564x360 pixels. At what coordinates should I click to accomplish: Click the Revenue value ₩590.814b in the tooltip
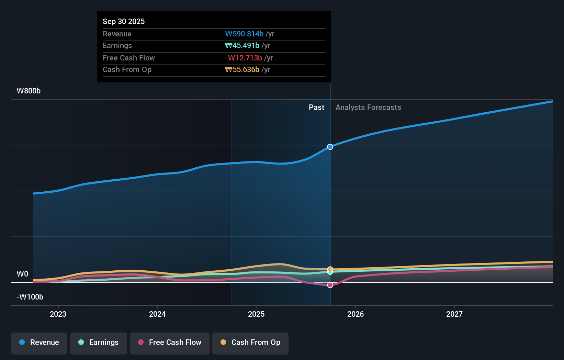tap(244, 34)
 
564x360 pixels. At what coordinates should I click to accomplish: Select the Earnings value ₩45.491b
tap(242, 46)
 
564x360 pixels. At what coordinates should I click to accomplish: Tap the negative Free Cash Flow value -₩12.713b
tap(244, 58)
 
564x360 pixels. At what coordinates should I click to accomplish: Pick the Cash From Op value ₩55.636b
tap(242, 70)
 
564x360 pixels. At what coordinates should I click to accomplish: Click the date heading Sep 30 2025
tap(124, 21)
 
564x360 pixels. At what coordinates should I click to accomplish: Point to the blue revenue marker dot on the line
tap(330, 147)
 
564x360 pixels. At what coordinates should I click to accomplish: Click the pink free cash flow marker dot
tap(330, 285)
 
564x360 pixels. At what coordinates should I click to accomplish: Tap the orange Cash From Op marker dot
tap(330, 269)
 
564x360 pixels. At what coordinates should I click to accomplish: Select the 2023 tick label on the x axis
tap(58, 314)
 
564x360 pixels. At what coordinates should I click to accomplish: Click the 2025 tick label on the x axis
tap(256, 314)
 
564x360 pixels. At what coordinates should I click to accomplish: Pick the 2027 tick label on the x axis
tap(454, 314)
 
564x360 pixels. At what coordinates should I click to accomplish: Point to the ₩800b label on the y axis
tap(29, 91)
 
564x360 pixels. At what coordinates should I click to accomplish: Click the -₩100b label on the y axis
tap(30, 297)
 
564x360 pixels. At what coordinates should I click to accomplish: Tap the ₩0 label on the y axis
tap(22, 274)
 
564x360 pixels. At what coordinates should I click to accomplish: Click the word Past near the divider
tap(316, 108)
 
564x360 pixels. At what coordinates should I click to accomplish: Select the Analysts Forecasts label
tap(368, 108)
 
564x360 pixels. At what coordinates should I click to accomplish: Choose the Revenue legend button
tap(39, 343)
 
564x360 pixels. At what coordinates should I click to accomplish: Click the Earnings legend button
tap(99, 343)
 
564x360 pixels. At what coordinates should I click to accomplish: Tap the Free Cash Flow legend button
tap(170, 343)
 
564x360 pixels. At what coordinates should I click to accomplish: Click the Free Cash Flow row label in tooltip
tap(129, 58)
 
